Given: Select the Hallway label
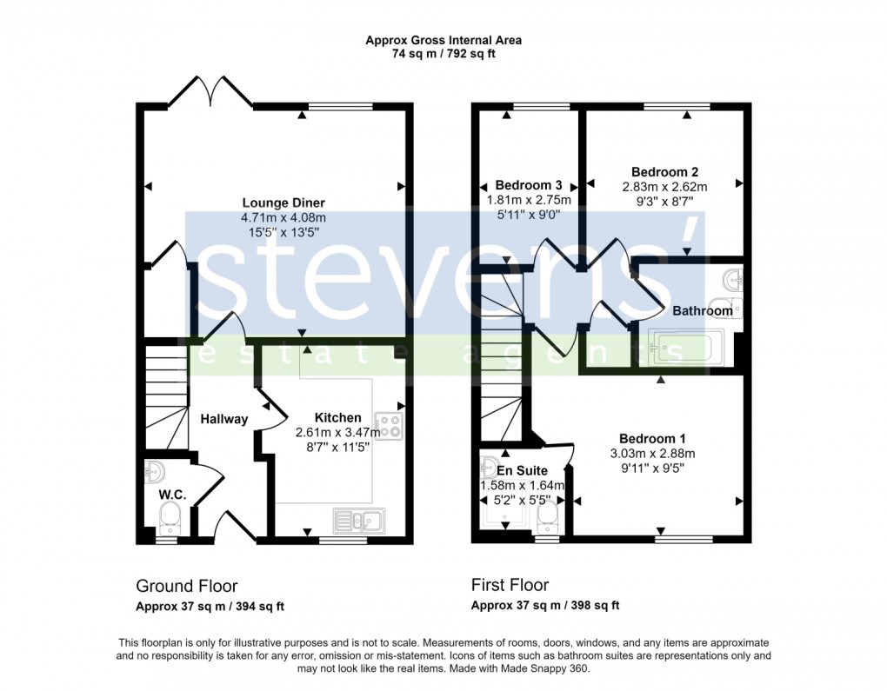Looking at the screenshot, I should [224, 419].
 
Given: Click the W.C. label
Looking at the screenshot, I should [170, 495].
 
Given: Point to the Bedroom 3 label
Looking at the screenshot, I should [528, 185].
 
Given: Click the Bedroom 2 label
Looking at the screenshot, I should [664, 171].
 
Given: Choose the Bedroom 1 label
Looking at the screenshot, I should [652, 438].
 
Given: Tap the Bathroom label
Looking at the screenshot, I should [702, 310].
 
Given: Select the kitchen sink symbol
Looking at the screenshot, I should [359, 521].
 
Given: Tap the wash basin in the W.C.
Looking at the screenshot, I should [155, 472].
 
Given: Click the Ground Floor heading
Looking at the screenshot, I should [186, 586].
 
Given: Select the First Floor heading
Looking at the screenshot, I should [510, 585].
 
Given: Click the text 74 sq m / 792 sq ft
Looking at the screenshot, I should [443, 54].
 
